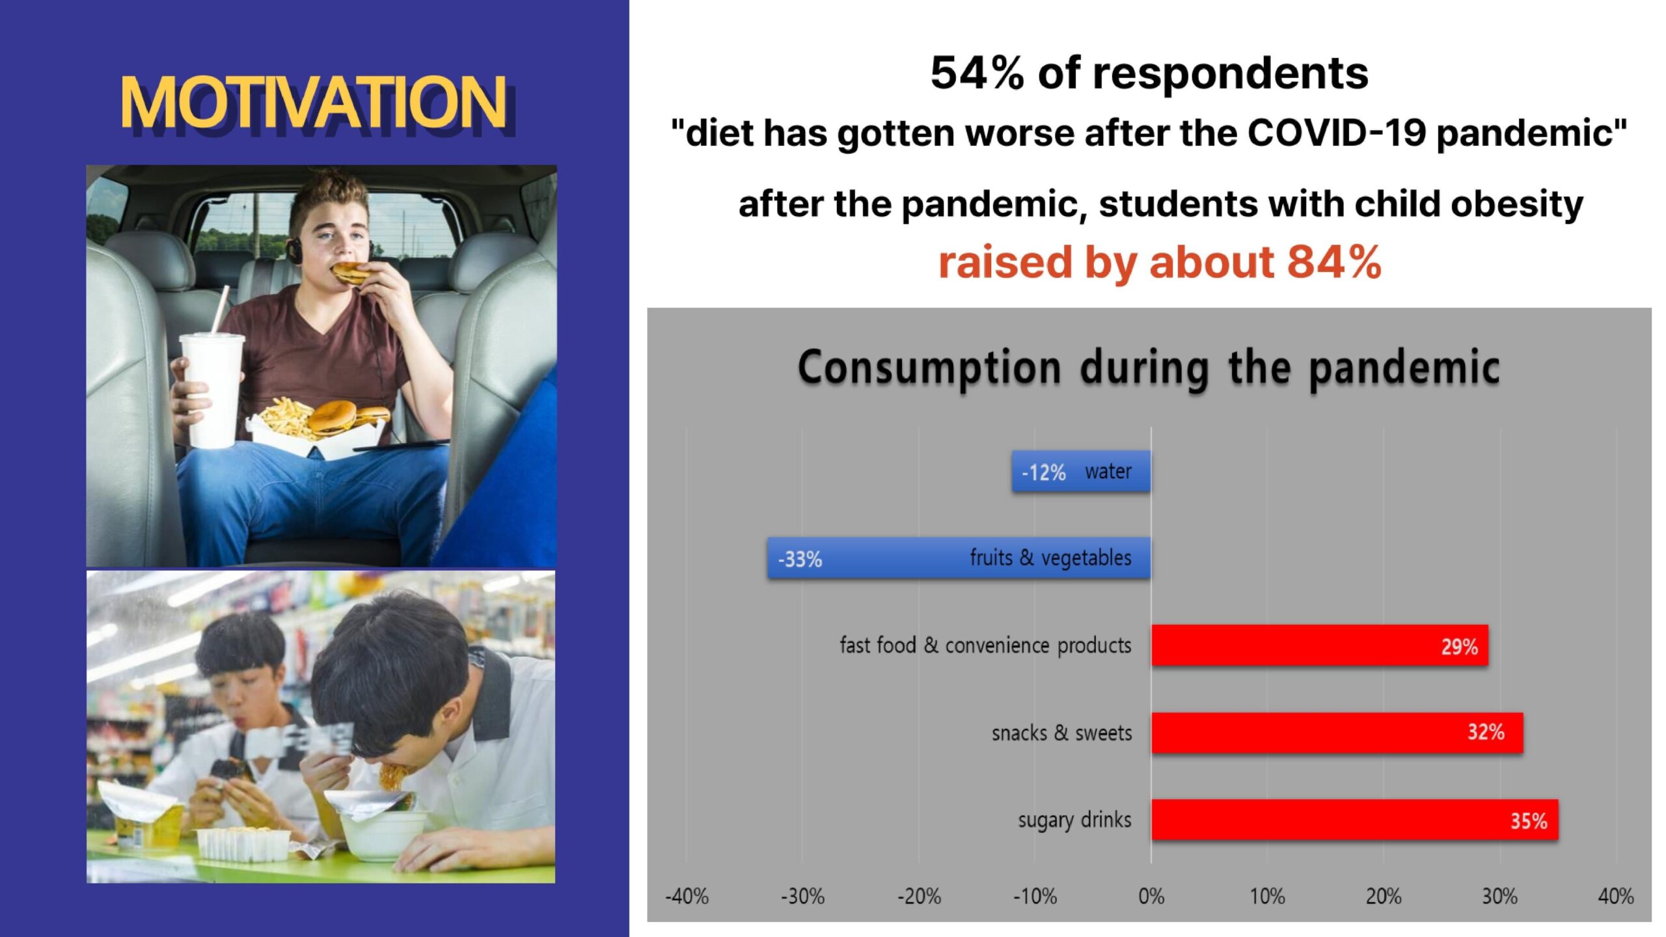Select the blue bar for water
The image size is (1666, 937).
coord(1081,471)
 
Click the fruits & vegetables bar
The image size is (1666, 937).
coord(959,558)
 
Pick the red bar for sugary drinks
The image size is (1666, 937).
coord(1355,820)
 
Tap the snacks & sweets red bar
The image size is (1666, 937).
coord(1337,733)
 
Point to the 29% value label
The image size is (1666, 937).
coord(1459,647)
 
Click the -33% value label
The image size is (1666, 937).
coord(800,559)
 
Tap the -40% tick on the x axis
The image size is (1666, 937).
coord(687,897)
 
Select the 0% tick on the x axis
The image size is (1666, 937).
coord(1151,897)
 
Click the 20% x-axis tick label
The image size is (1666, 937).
coord(1384,897)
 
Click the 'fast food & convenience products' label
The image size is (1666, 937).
coord(985,645)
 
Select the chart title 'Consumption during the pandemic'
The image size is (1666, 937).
coord(1149,368)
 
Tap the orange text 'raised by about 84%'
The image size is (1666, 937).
coord(1159,262)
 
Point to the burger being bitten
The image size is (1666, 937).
coord(351,273)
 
